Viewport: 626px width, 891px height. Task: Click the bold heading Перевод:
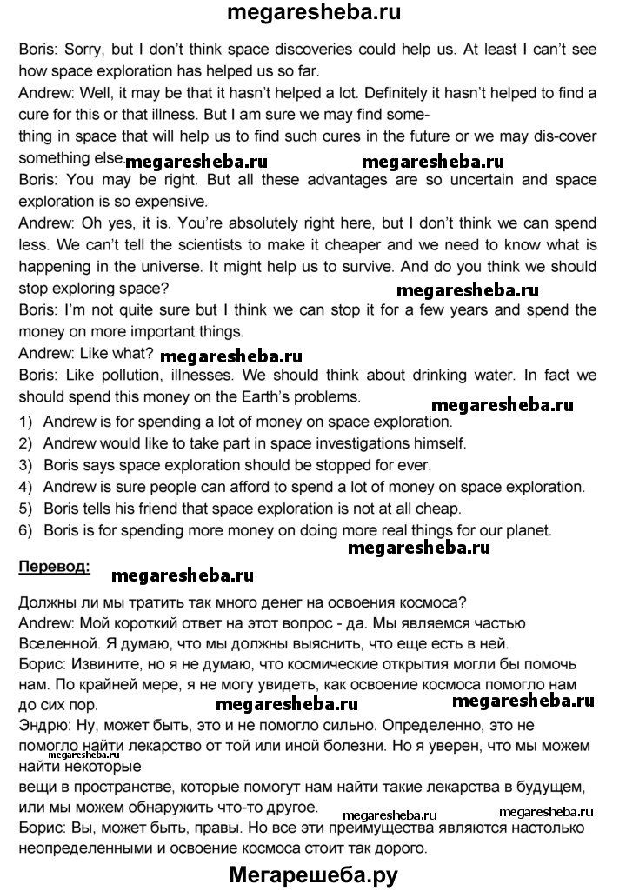[x=52, y=568]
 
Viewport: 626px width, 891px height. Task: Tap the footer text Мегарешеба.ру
[x=314, y=873]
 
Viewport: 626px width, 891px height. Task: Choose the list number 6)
[x=26, y=529]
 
